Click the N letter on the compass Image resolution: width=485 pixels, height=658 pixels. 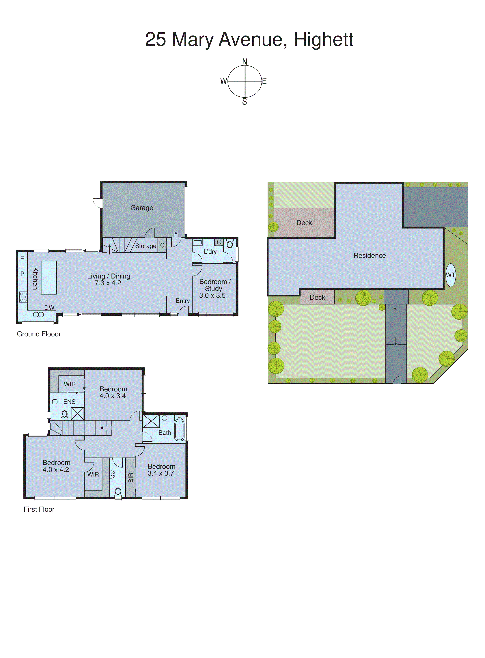(245, 62)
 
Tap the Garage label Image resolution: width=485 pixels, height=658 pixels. (142, 208)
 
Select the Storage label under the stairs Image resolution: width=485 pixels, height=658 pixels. (146, 246)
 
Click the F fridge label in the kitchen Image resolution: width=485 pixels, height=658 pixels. (22, 259)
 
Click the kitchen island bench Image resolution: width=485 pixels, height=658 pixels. (49, 278)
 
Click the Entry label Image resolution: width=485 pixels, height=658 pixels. (183, 301)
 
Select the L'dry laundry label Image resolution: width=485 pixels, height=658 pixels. (210, 252)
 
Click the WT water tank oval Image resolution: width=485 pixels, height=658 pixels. (451, 275)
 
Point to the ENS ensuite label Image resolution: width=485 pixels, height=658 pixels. (69, 402)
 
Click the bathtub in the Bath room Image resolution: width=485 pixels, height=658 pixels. (179, 429)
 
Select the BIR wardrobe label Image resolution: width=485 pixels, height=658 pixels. (131, 478)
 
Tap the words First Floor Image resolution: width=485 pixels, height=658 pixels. (39, 509)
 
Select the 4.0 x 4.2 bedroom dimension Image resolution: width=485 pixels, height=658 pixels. (56, 470)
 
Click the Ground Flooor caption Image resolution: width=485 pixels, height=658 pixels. (39, 334)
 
